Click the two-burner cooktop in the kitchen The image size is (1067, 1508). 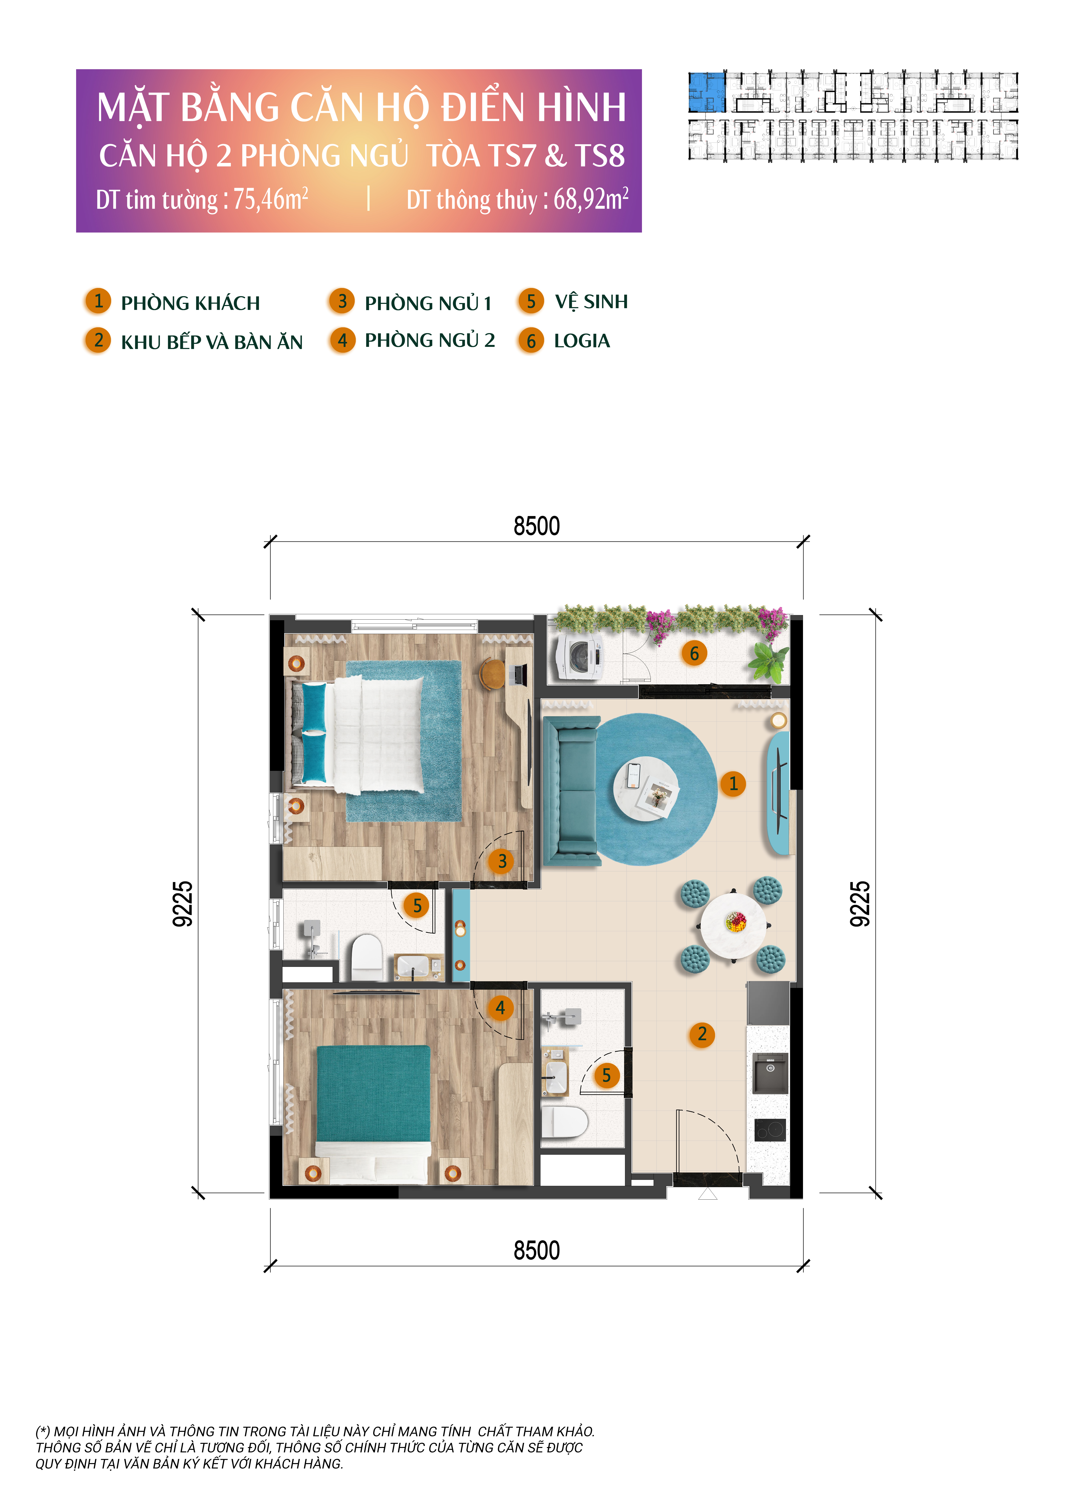click(x=770, y=1130)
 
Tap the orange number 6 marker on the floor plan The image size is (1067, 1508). click(x=694, y=654)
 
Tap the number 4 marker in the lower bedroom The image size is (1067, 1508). click(x=500, y=1007)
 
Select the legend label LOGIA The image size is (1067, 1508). click(x=582, y=341)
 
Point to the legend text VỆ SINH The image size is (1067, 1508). click(x=591, y=302)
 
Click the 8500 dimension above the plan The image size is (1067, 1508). click(x=537, y=526)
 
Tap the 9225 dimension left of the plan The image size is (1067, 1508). click(x=183, y=904)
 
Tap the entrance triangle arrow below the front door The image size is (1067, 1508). click(x=708, y=1193)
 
